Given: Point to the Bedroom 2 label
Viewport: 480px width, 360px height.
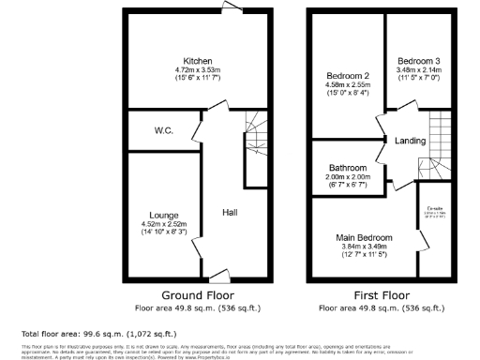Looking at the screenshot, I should (x=347, y=76).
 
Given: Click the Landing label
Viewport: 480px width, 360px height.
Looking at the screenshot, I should (x=411, y=142).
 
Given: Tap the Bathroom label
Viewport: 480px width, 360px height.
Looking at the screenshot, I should (x=347, y=167).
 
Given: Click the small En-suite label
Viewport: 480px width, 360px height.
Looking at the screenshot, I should (x=435, y=208).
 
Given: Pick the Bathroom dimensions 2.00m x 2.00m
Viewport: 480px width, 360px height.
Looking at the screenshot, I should (x=347, y=176).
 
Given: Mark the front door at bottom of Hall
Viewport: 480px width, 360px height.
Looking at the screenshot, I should (x=218, y=275).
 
